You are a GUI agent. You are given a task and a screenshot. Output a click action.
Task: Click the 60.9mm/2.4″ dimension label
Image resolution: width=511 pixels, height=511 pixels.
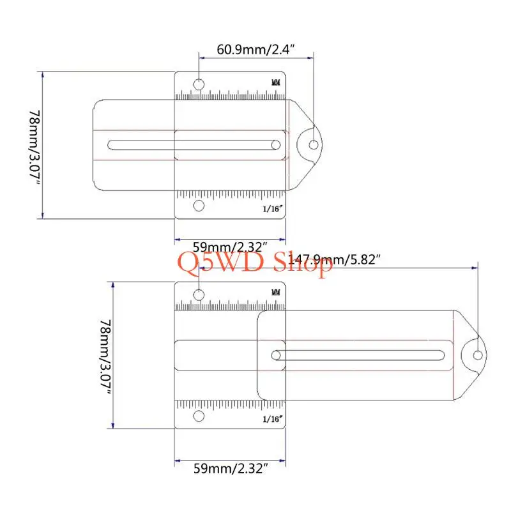coord(256,50)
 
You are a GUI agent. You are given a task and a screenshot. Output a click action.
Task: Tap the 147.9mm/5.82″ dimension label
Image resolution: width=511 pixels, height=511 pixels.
coord(334,260)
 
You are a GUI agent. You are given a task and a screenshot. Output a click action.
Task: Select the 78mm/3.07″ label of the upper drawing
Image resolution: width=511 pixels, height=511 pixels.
coord(35,148)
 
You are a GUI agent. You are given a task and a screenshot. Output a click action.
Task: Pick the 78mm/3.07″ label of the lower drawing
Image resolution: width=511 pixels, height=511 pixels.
coord(105,357)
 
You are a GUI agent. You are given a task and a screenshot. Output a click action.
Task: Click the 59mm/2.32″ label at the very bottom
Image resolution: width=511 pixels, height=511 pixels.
coord(231,469)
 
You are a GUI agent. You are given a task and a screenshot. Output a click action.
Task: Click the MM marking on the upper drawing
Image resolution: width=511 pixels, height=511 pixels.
coord(276,82)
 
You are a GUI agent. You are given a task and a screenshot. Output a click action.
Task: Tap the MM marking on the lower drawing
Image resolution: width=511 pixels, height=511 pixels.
coord(276,293)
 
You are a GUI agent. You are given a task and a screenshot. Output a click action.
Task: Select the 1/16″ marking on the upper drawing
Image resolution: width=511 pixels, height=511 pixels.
coord(273,209)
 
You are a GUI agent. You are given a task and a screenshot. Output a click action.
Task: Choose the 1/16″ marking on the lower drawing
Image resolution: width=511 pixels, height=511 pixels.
coord(273,419)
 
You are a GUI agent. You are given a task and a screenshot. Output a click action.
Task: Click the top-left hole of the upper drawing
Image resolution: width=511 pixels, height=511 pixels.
coord(199,84)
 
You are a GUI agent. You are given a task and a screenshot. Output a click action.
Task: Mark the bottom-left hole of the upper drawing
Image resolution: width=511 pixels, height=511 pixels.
coord(199,206)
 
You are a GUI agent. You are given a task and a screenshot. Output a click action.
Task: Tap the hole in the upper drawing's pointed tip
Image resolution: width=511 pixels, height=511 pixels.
coord(314,145)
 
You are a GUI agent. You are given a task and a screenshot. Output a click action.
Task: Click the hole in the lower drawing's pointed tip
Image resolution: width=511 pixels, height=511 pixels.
coord(478,355)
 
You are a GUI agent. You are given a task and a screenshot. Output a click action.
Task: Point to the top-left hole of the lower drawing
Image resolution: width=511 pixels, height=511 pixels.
coord(199,294)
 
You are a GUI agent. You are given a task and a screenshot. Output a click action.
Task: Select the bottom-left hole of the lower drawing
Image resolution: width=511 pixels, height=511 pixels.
coord(199,416)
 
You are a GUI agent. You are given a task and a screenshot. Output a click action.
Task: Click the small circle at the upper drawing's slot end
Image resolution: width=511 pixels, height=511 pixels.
coord(276,145)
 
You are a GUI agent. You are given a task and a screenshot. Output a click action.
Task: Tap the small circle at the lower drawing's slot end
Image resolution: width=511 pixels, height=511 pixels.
coord(276,355)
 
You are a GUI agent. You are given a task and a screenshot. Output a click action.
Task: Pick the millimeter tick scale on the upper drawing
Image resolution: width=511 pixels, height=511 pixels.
coord(230,95)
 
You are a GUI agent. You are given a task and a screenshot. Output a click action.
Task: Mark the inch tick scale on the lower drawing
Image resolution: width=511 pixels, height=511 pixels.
coord(230,406)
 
